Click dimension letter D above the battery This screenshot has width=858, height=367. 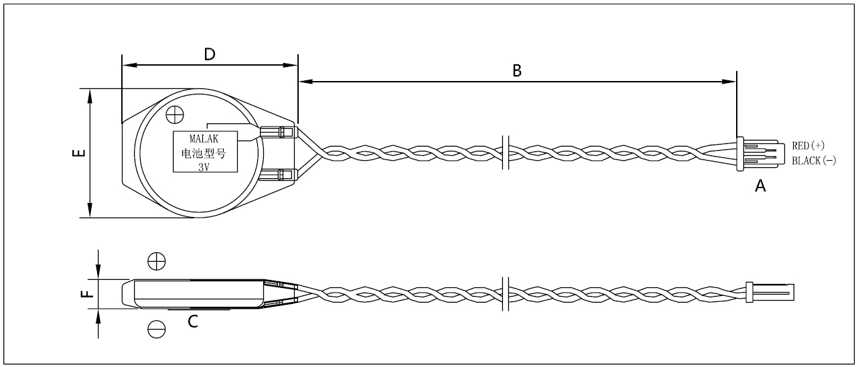tap(209, 55)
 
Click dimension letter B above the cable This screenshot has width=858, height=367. tap(516, 71)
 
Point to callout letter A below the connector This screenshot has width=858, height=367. tap(760, 187)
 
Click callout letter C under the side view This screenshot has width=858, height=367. tap(192, 321)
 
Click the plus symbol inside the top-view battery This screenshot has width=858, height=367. tap(175, 115)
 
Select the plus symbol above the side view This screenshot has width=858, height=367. tap(156, 260)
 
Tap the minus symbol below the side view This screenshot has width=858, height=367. tap(156, 328)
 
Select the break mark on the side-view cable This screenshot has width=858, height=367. tap(506, 293)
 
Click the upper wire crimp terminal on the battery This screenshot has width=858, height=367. tap(278, 132)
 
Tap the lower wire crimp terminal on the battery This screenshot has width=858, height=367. tap(278, 175)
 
